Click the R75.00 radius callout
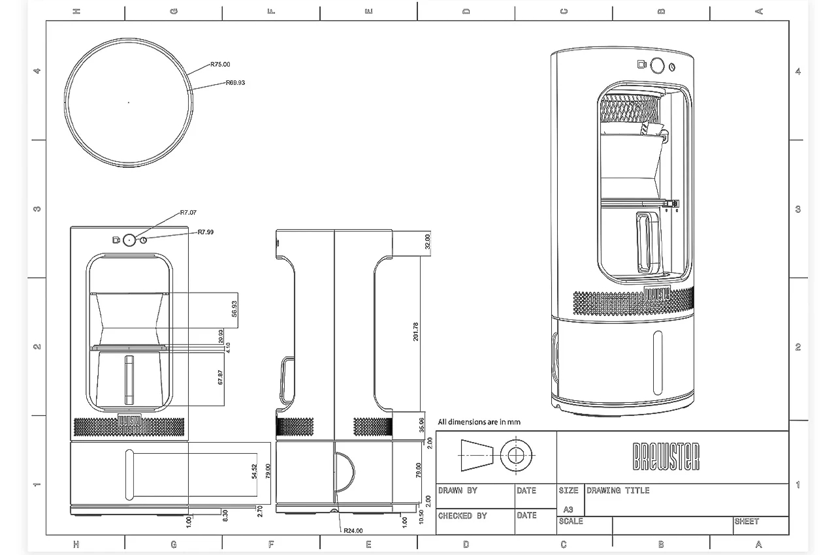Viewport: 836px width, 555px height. point(220,65)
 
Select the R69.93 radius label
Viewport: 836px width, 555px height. point(235,83)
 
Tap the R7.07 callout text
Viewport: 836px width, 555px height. point(188,213)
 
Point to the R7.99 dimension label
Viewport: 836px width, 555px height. point(206,232)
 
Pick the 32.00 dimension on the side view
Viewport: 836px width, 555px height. point(428,241)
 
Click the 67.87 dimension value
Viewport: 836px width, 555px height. point(221,379)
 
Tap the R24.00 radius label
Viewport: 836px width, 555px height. point(353,531)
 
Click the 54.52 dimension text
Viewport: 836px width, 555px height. point(255,471)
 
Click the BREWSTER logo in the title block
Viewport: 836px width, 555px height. point(666,457)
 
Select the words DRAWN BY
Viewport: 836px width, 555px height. point(457,490)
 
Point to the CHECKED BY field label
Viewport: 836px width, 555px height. point(462,516)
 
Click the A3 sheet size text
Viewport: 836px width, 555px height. point(568,509)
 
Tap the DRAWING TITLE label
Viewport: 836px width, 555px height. point(618,490)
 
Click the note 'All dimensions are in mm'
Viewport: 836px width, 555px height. point(479,422)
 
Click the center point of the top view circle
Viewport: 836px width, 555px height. point(129,103)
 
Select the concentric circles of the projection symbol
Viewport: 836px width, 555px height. point(517,454)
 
